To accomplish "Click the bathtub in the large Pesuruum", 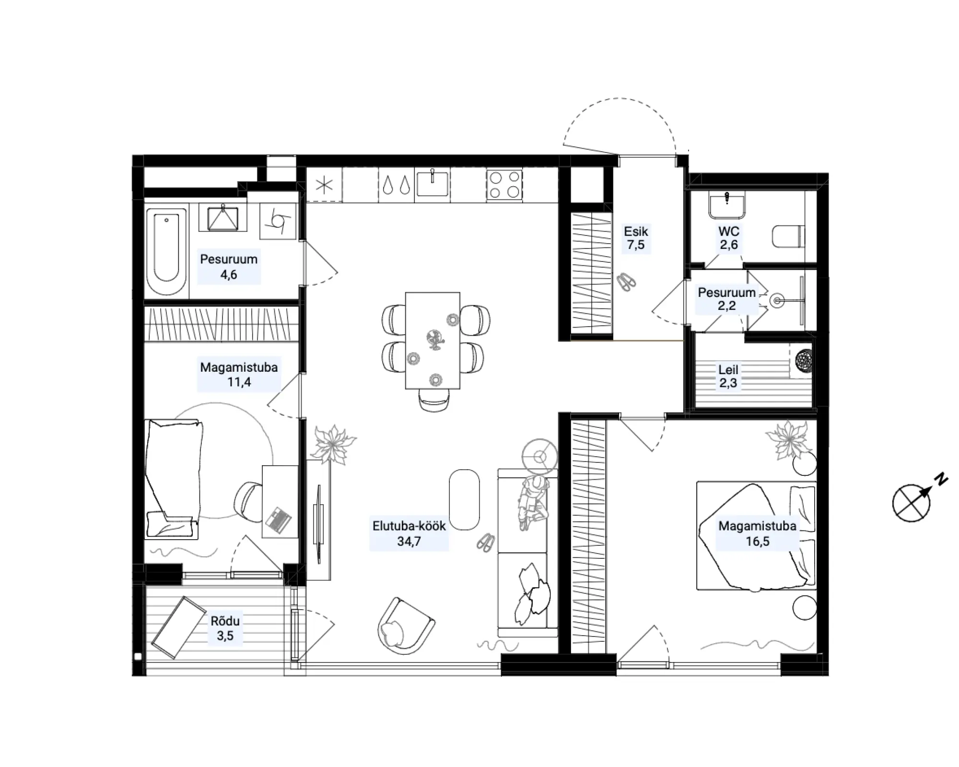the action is coord(166,252).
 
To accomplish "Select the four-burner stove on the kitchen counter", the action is coord(504,185).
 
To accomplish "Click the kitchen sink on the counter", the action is coord(433,183).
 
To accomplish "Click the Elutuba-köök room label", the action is coord(409,526).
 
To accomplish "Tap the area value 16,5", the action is coord(757,542).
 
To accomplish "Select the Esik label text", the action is coord(636,232).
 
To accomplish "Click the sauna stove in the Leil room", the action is coord(804,360).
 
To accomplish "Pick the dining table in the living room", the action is coord(433,340).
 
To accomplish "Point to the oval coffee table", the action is coord(464,499).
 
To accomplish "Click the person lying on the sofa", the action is coord(533,502).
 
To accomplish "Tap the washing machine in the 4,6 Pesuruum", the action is coord(278,221).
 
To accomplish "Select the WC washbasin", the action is coord(727,204).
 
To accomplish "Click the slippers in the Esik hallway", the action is coord(626,282).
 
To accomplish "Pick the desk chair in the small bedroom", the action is coord(248,502).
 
